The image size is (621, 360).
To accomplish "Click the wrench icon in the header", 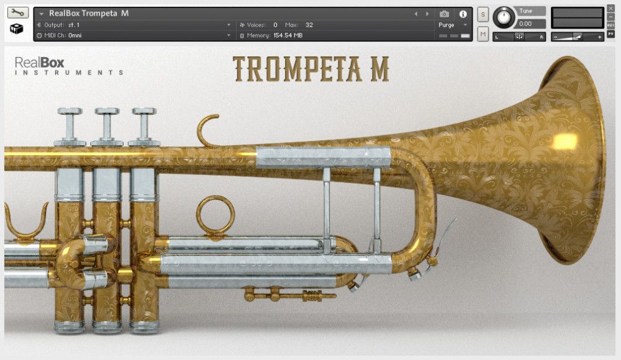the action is coord(18,12).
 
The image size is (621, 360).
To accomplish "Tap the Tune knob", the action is coord(504,18).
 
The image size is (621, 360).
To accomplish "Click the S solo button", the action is coord(483,15).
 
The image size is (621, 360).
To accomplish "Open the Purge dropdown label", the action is coord(446,25).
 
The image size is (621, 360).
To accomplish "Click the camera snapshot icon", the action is coord(445,14).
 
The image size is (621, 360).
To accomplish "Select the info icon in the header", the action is coord(463,14).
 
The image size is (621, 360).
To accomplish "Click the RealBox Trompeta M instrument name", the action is coord(89,14).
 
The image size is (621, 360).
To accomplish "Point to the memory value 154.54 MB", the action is coord(288,35).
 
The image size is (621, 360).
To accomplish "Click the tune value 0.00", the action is coord(525,24).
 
